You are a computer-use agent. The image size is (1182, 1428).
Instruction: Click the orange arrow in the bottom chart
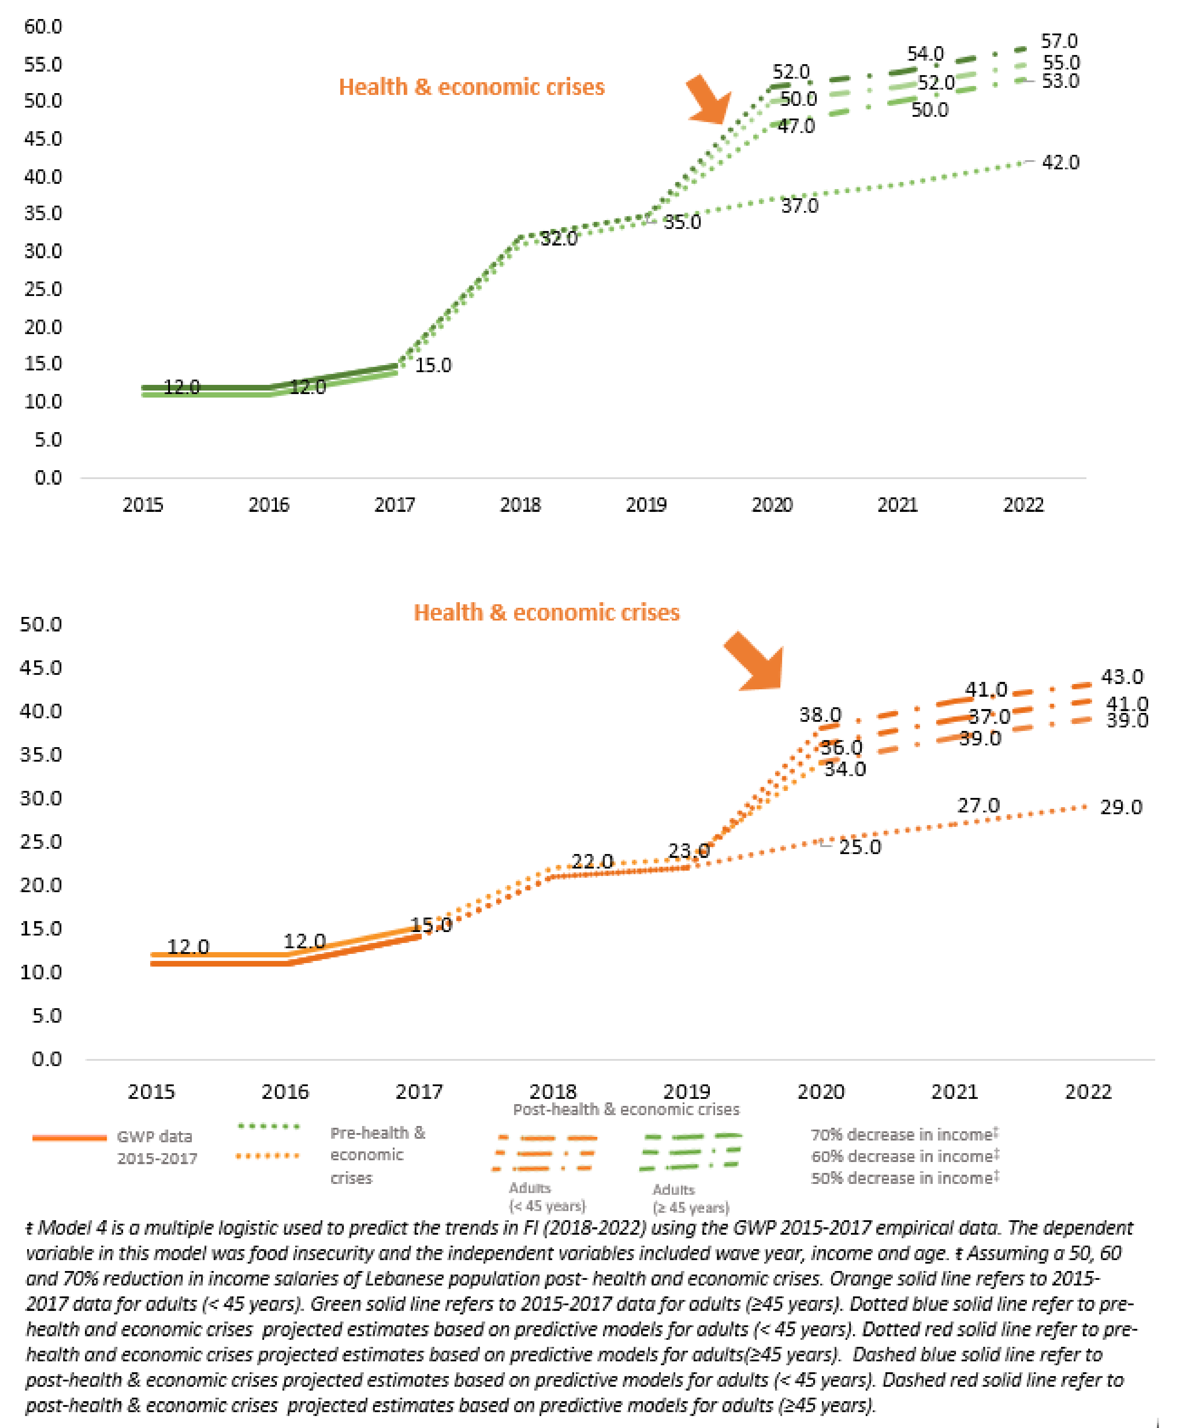point(756,662)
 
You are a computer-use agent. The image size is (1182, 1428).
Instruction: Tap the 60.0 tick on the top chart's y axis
point(43,26)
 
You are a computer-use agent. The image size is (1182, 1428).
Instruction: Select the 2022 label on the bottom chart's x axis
point(1087,1092)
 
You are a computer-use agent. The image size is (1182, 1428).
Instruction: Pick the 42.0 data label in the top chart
point(1060,163)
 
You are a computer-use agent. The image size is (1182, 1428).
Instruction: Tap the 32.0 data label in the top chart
point(558,239)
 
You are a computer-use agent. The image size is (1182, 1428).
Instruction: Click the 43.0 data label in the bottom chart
point(1121,677)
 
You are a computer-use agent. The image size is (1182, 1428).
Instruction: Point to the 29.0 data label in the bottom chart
point(1121,807)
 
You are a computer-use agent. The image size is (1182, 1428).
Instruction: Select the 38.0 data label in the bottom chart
point(820,715)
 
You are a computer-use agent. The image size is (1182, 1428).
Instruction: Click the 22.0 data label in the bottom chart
point(592,861)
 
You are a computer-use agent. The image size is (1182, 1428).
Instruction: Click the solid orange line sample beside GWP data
point(69,1138)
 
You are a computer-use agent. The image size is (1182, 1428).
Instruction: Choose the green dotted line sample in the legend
point(268,1127)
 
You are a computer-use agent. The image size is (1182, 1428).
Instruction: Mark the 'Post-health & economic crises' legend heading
point(625,1110)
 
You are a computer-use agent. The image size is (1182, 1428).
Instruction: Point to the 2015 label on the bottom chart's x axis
point(151,1092)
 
